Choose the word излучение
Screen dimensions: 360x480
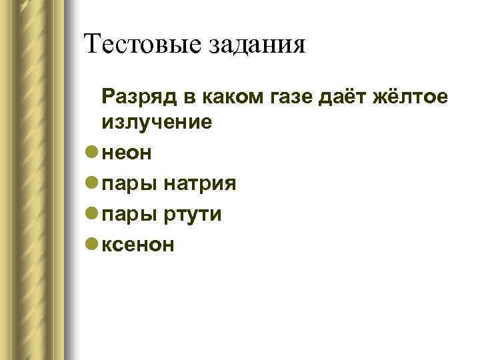(157, 122)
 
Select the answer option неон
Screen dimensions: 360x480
(127, 153)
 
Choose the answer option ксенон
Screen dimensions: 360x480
(139, 245)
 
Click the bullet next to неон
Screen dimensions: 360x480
(92, 153)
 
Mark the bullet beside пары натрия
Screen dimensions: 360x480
(92, 183)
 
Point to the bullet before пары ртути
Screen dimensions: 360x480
(92, 214)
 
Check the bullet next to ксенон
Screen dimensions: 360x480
(92, 245)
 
